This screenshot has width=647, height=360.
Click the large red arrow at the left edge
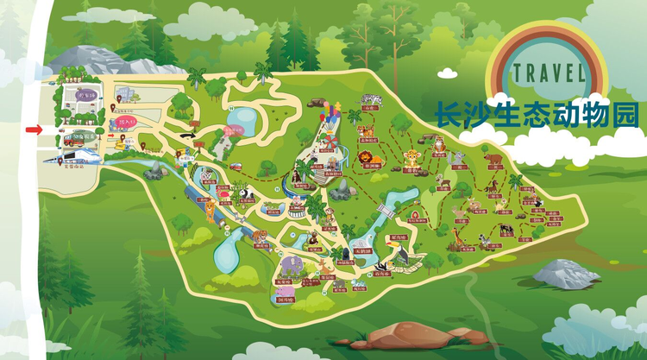33,129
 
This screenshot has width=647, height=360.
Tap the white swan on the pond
232,132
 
